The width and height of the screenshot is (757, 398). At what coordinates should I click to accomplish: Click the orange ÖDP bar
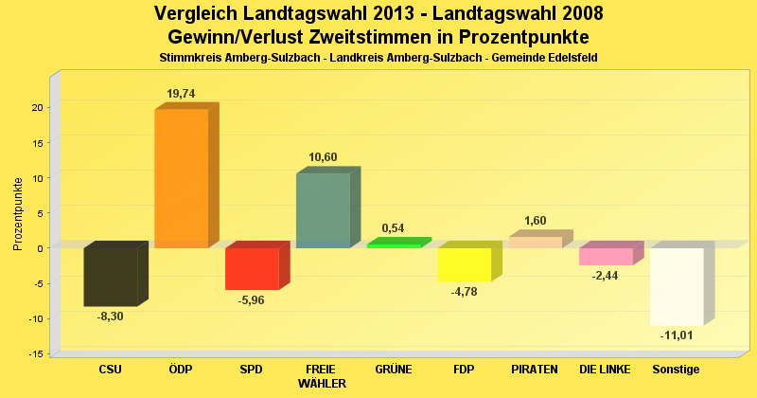[181, 178]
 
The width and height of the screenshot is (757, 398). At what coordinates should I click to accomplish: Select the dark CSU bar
[111, 277]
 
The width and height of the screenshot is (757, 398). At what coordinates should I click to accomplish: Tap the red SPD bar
[252, 268]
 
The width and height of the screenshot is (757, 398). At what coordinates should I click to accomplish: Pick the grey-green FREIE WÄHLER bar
[323, 210]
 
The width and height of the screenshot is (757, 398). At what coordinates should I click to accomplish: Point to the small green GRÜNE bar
[394, 245]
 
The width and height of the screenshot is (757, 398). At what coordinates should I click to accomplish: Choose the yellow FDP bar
[464, 264]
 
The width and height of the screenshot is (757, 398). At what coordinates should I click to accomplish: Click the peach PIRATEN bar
[535, 243]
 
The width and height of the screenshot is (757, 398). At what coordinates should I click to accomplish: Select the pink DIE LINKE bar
[606, 256]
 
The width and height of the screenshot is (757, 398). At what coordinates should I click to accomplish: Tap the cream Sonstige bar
[677, 286]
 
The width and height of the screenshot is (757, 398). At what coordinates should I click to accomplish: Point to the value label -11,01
[677, 336]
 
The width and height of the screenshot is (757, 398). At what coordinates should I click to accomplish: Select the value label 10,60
[323, 157]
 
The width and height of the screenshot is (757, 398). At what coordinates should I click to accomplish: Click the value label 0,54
[394, 228]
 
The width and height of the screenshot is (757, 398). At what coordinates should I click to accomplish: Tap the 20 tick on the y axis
[37, 107]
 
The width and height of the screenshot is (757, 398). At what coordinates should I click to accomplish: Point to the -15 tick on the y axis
[35, 354]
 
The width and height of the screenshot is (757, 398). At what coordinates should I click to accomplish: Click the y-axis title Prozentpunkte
[19, 213]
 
